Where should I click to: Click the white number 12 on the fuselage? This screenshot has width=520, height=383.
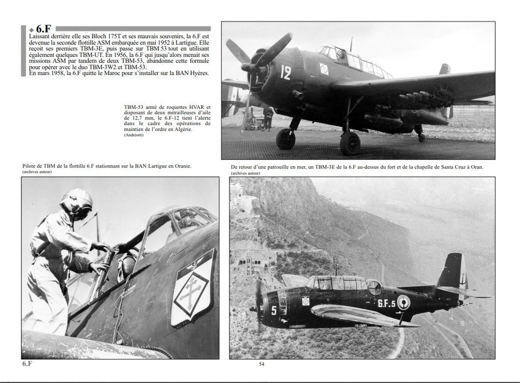pyautogui.click(x=286, y=73)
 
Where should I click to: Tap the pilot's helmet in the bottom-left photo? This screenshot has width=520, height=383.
pyautogui.click(x=76, y=202)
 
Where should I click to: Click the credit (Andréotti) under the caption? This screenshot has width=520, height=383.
pyautogui.click(x=134, y=135)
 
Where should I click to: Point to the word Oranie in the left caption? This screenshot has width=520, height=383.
pyautogui.click(x=181, y=165)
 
